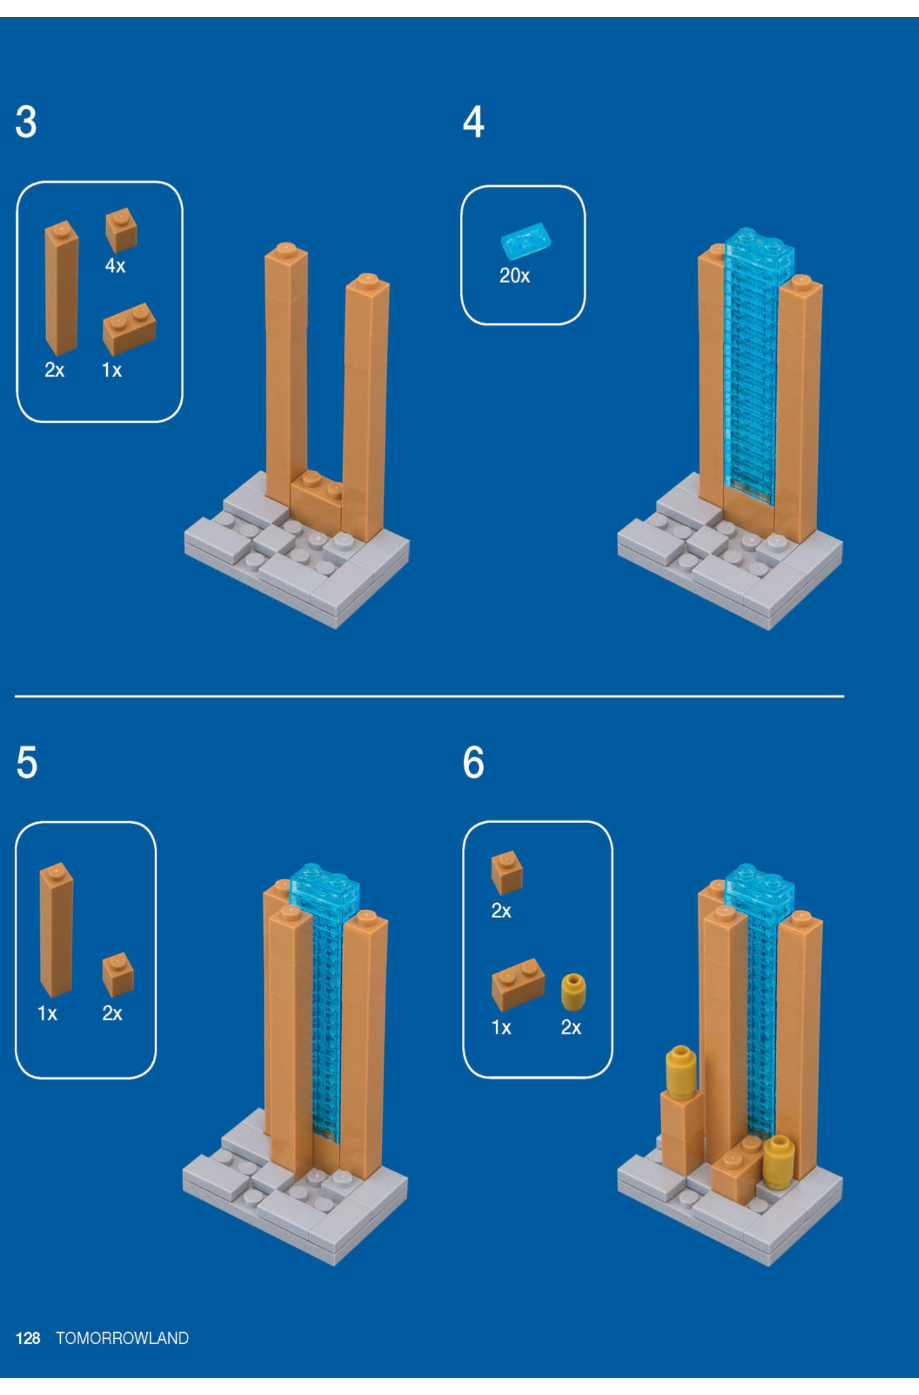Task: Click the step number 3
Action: coord(26,122)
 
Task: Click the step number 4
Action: coord(473,122)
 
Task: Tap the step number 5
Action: coord(26,763)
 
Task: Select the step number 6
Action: coord(473,763)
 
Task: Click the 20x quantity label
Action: coord(514,276)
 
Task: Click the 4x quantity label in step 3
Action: coord(115,266)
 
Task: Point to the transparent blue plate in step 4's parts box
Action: coord(525,241)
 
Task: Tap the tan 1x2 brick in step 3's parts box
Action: coord(129,328)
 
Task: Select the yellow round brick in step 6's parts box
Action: coord(573,992)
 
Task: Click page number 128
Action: coord(28,1338)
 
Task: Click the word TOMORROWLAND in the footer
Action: coord(122,1338)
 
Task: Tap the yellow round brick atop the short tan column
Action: coord(681,1072)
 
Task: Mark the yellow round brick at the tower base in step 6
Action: coord(778,1161)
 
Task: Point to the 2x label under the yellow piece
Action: coord(571,1027)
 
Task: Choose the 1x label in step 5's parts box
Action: coord(47,1014)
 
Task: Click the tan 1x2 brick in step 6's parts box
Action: coord(518,984)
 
